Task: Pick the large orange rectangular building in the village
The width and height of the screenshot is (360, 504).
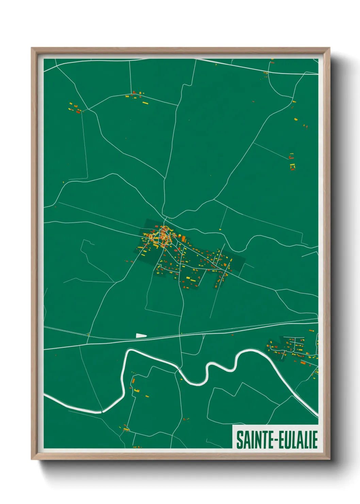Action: [x=184, y=239]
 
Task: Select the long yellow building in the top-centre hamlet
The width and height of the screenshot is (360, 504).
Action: [x=145, y=103]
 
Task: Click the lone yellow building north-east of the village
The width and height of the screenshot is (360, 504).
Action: [x=220, y=230]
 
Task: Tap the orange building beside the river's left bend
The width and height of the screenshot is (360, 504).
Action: [x=133, y=380]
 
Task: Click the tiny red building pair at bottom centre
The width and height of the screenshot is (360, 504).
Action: [x=185, y=419]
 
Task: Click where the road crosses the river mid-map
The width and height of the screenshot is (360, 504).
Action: [x=178, y=369]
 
